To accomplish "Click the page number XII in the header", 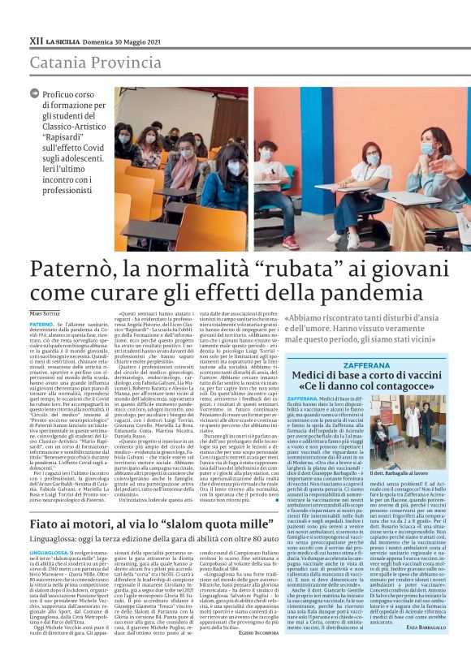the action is [x=36, y=39].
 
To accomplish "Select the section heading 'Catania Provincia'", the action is [x=84, y=63].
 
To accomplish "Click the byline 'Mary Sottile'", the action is [x=45, y=313].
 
